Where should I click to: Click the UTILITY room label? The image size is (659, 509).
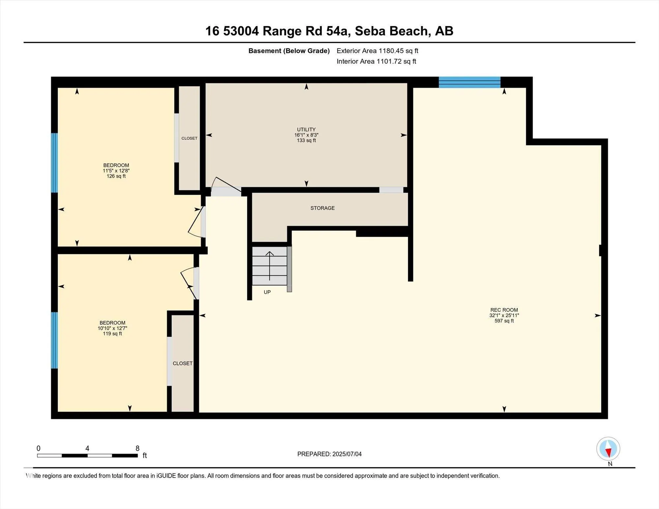click(306, 129)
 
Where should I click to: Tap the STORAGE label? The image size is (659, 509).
click(323, 208)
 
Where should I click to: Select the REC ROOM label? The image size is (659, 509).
click(504, 310)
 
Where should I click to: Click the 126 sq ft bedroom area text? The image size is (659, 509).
click(116, 176)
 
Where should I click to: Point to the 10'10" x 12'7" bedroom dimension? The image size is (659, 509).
click(112, 328)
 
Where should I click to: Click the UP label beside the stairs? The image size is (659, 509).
click(267, 292)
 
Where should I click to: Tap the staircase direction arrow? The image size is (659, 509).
click(270, 266)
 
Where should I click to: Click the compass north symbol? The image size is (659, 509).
click(608, 449)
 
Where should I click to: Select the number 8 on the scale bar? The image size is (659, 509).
click(137, 448)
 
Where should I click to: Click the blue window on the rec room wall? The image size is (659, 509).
click(470, 82)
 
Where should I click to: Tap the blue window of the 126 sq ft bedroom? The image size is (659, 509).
click(54, 163)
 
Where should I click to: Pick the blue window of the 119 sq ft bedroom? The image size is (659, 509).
click(54, 340)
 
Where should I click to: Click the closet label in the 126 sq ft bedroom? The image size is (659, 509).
click(189, 138)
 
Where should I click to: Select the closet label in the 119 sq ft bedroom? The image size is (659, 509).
click(183, 363)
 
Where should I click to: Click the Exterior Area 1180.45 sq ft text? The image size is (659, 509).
click(377, 51)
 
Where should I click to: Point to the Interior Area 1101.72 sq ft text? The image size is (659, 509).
click(376, 61)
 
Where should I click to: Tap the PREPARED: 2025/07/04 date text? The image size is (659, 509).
click(329, 454)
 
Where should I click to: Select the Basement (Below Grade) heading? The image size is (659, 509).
click(289, 51)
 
